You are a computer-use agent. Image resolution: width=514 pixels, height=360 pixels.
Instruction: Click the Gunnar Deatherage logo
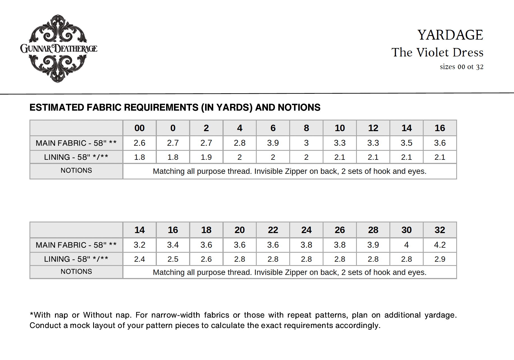pyautogui.click(x=59, y=48)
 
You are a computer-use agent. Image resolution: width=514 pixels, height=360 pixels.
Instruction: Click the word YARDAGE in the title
pyautogui.click(x=450, y=35)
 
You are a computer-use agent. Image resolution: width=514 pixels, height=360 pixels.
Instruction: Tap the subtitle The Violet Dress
pyautogui.click(x=437, y=53)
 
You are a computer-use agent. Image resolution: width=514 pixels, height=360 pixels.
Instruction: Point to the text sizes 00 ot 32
pyautogui.click(x=462, y=67)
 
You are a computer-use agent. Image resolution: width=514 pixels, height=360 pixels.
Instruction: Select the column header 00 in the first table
pyautogui.click(x=139, y=128)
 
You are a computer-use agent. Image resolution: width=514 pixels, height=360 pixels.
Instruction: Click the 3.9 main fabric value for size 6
pyautogui.click(x=273, y=143)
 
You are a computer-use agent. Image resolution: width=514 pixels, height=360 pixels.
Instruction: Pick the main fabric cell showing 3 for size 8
pyautogui.click(x=306, y=143)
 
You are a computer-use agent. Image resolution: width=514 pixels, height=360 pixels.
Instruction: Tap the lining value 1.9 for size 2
pyautogui.click(x=206, y=157)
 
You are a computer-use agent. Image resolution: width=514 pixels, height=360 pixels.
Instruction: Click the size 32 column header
pyautogui.click(x=440, y=230)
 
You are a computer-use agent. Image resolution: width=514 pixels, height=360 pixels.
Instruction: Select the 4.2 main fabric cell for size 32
pyautogui.click(x=440, y=245)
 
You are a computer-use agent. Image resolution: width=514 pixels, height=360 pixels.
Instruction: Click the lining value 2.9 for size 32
pyautogui.click(x=440, y=259)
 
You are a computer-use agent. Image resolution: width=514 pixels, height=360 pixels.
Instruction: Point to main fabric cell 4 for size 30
pyautogui.click(x=406, y=245)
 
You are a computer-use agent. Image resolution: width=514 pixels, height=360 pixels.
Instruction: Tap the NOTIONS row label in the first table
pyautogui.click(x=76, y=170)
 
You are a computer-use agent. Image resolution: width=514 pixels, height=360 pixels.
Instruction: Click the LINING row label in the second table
pyautogui.click(x=76, y=259)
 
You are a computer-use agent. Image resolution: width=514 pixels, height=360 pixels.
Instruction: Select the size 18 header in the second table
pyautogui.click(x=206, y=230)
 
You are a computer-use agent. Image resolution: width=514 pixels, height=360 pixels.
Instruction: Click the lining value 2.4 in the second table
pyautogui.click(x=139, y=259)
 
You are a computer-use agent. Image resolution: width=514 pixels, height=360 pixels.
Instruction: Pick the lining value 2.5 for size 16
pyautogui.click(x=173, y=259)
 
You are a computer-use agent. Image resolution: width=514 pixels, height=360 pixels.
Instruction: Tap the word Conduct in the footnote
pyautogui.click(x=45, y=325)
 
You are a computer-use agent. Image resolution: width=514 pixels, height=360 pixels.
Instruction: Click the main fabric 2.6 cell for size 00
pyautogui.click(x=139, y=143)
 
